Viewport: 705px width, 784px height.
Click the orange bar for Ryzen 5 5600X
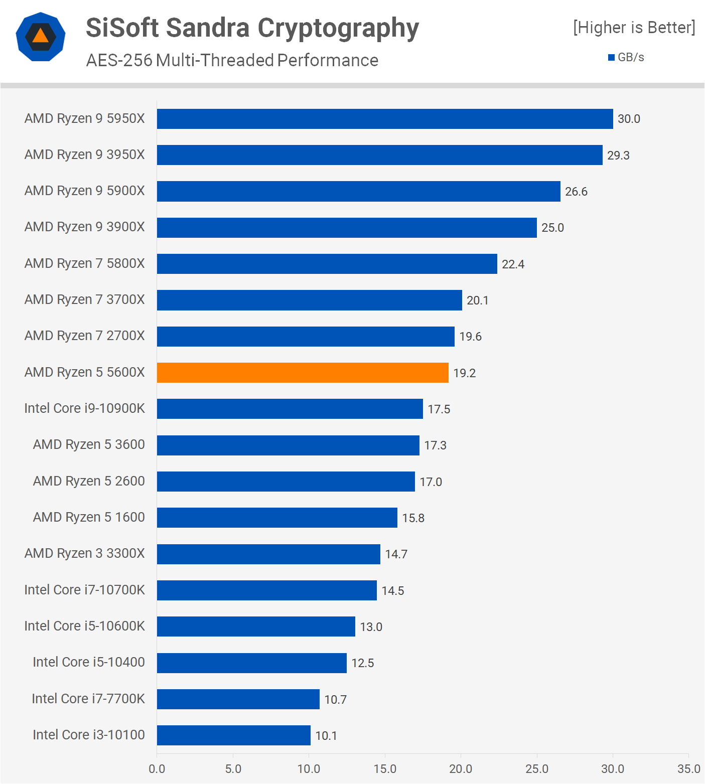point(303,373)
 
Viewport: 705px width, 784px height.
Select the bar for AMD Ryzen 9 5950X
point(385,119)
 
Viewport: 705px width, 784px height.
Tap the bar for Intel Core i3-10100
point(234,735)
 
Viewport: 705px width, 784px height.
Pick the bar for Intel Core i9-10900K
point(290,409)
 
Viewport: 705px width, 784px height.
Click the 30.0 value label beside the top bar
point(629,119)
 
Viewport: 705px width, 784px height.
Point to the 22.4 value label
point(513,264)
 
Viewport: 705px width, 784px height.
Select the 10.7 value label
point(335,699)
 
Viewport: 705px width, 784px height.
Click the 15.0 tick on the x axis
point(385,769)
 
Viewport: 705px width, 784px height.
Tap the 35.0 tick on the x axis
point(688,769)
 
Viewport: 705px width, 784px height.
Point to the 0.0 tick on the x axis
point(157,769)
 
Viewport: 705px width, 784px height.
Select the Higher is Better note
point(634,28)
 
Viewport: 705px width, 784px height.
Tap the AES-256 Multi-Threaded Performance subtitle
point(232,60)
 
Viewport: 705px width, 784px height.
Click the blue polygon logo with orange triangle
point(41,37)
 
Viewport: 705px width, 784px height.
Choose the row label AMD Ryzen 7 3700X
point(85,299)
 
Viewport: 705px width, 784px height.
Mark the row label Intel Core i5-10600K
point(85,626)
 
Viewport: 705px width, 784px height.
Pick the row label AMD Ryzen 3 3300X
point(85,553)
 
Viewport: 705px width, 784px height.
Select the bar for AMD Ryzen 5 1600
point(277,518)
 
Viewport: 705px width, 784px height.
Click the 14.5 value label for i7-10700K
point(392,591)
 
